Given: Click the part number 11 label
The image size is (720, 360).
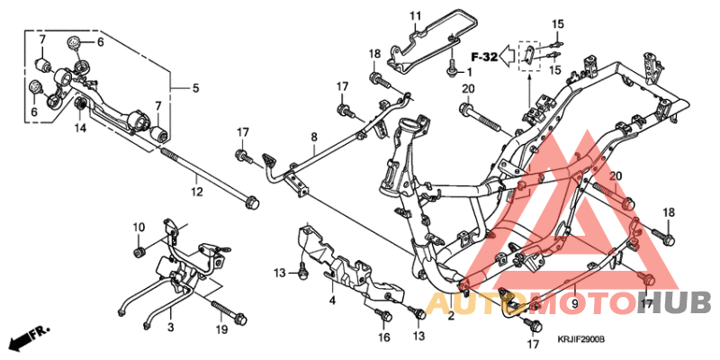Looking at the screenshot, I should pos(415,16).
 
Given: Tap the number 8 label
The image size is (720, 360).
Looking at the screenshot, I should pos(313,138).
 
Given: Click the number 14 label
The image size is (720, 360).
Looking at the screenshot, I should pos(80,128).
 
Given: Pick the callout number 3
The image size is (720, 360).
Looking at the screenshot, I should pos(170,314).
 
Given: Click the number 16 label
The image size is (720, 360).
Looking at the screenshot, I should pos(384,337).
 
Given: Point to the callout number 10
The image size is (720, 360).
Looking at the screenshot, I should pos(139,226).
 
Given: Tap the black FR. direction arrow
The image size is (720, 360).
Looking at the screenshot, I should pos(28,339).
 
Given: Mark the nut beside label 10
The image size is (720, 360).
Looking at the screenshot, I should pos(139,249).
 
